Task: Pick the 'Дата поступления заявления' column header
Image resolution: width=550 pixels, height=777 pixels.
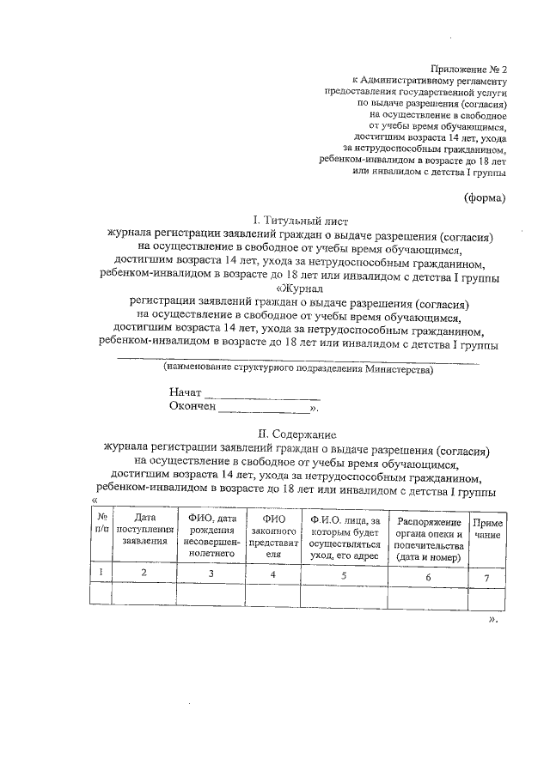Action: pos(144,530)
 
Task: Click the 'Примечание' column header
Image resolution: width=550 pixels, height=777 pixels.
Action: pos(487,529)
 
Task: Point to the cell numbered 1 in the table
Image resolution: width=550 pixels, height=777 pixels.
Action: pos(101,573)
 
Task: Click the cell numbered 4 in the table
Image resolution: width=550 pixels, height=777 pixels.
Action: pos(272,574)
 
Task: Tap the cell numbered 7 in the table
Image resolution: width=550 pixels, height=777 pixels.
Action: pos(487,578)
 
